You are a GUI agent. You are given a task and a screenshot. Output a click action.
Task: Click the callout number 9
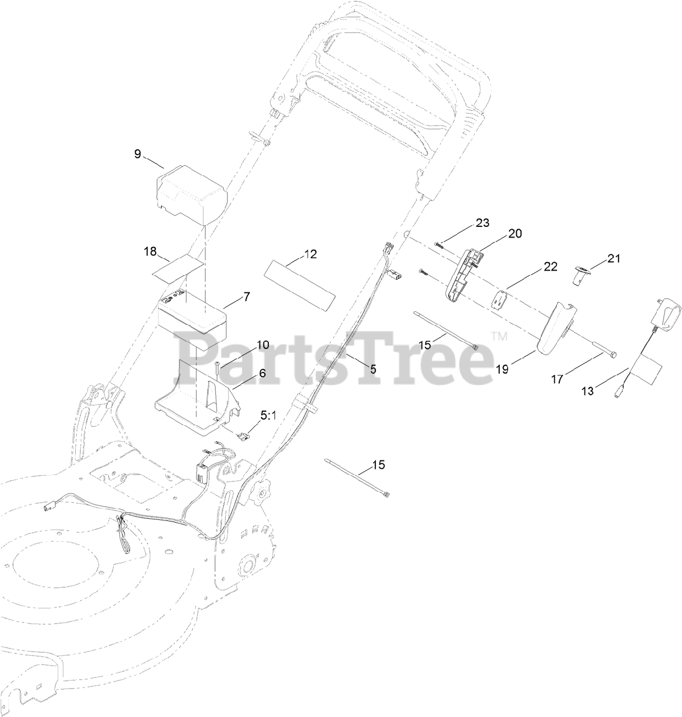138,154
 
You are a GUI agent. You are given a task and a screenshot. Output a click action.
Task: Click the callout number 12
310,254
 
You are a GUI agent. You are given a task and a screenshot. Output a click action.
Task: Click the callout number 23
482,222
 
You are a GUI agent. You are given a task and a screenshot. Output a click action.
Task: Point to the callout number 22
550,267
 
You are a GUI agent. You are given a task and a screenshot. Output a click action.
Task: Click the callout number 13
587,391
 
